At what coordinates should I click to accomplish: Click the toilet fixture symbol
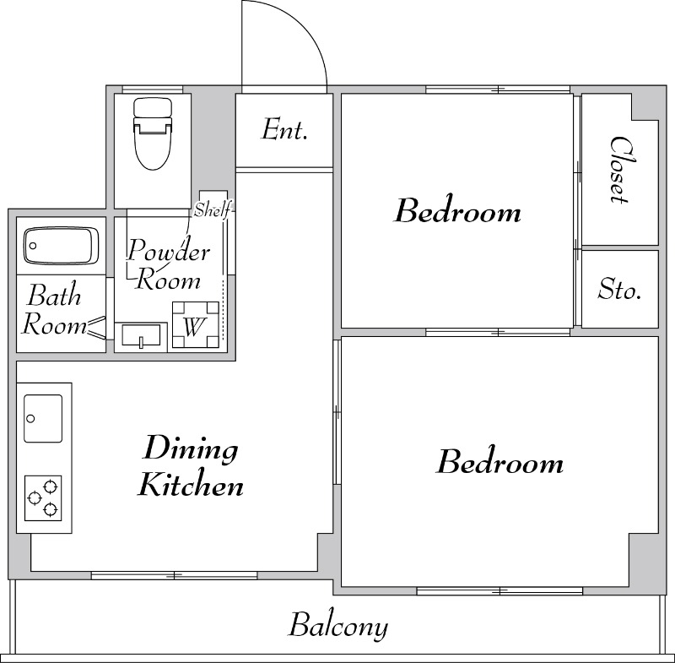pos(153,134)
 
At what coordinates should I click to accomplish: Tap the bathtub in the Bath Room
pos(62,245)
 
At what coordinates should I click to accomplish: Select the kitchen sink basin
pos(43,418)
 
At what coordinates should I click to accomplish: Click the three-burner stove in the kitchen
pos(43,498)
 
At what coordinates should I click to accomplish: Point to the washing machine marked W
pos(196,325)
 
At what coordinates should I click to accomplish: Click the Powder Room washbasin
pos(141,335)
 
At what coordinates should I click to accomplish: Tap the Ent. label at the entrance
pos(284,129)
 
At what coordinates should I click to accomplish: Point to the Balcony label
pos(338,626)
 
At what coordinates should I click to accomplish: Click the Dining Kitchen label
pos(190,465)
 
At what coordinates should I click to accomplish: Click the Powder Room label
pos(168,264)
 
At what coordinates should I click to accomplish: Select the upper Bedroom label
pos(458,211)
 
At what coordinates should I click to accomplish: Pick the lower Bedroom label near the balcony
pos(500,462)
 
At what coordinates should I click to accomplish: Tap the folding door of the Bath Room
pos(97,328)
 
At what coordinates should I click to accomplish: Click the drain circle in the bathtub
pos(33,246)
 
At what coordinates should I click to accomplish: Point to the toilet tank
pos(153,107)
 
